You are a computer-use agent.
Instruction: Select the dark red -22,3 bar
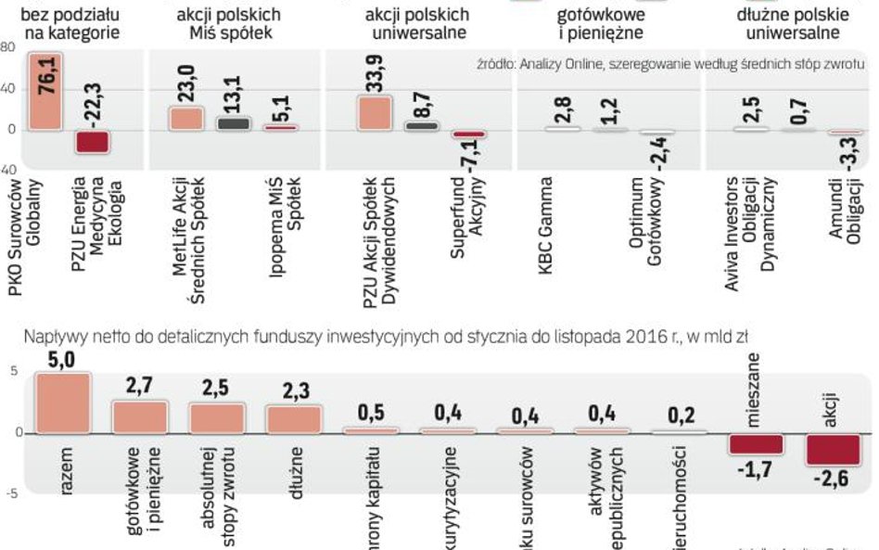tap(92, 141)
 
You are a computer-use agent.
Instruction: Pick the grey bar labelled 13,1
tap(233, 123)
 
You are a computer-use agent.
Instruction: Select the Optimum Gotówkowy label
tap(645, 237)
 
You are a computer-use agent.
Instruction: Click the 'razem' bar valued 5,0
tap(62, 403)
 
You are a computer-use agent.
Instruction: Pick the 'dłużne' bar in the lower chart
tap(292, 418)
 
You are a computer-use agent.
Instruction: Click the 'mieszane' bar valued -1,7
tap(756, 443)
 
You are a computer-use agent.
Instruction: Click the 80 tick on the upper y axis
tap(7, 46)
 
